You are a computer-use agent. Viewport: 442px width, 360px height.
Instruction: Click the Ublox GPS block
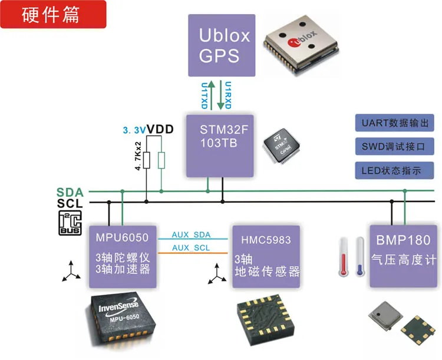222,45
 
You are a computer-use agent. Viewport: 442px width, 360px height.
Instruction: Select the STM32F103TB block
220,146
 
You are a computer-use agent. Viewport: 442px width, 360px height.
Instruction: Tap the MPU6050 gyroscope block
123,256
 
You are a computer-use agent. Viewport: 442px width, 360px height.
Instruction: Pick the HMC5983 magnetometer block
266,256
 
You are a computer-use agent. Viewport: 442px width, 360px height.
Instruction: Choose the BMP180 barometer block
403,256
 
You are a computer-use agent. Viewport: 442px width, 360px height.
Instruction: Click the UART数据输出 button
394,123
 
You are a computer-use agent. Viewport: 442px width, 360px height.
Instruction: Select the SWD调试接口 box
394,146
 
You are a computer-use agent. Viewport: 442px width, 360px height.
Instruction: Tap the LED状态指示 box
394,170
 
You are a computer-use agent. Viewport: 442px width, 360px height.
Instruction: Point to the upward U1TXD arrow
212,95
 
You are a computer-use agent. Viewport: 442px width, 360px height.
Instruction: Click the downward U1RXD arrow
220,95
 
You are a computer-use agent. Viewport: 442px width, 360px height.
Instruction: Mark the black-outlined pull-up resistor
147,160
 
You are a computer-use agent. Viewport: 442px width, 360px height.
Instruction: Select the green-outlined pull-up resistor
161,160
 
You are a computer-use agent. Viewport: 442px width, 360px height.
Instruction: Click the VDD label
160,130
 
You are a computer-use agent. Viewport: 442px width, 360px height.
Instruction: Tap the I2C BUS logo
70,223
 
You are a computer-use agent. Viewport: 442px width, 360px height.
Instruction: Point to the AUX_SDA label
191,235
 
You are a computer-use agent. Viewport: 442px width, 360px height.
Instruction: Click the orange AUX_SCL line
193,253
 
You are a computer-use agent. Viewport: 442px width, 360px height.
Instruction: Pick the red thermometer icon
344,256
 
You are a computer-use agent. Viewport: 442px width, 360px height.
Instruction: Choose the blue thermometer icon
360,256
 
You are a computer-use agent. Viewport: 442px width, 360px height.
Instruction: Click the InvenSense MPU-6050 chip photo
120,319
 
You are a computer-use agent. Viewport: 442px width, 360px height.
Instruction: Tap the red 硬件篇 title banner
53,14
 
